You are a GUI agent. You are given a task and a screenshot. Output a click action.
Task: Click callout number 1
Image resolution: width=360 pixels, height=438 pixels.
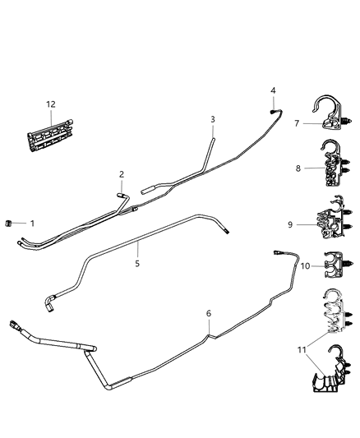click(32, 224)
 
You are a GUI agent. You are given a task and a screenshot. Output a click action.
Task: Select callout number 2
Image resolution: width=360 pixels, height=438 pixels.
click(121, 174)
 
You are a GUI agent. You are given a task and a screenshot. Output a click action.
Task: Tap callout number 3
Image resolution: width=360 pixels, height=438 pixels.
click(212, 120)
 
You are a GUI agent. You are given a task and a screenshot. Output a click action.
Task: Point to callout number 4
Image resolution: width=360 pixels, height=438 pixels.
click(274, 90)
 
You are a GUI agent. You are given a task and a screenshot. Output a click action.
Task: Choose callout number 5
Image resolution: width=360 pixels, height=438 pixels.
click(137, 264)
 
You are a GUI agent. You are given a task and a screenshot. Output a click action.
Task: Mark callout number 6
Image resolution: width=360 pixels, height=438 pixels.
click(208, 313)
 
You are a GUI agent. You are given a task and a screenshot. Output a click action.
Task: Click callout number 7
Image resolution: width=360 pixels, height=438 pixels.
click(297, 123)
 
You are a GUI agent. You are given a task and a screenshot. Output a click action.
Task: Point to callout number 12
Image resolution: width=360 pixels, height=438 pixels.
click(51, 104)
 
